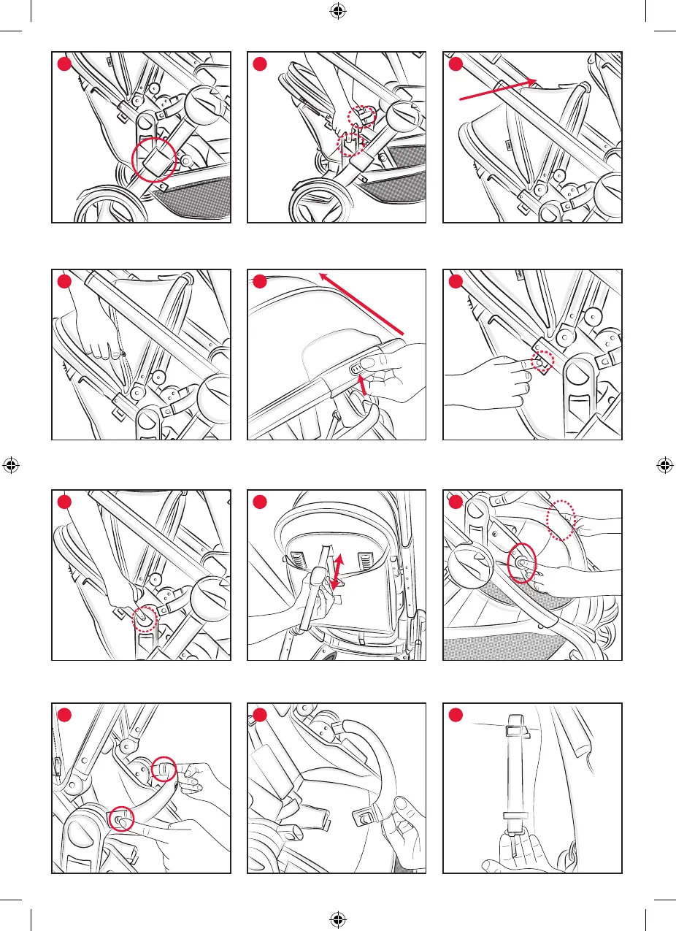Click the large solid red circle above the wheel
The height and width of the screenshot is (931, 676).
(153, 159)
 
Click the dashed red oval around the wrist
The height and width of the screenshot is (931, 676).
(562, 520)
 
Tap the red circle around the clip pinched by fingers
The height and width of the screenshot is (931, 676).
(165, 769)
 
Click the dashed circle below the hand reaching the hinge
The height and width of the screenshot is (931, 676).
(144, 619)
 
